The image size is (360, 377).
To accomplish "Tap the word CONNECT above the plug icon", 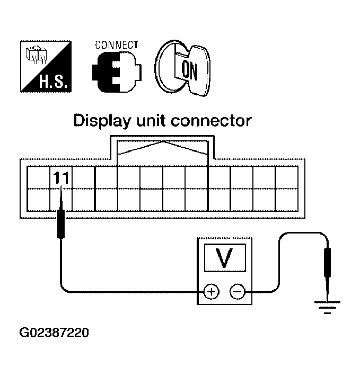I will (117, 45).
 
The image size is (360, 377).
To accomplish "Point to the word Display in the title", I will (101, 121).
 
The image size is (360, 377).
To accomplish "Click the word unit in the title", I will (153, 121).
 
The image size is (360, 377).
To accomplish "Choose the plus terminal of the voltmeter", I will (211, 291).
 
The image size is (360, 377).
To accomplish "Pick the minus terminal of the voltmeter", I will (237, 291).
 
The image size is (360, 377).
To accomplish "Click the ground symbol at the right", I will (327, 307).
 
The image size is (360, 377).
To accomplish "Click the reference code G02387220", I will (54, 333).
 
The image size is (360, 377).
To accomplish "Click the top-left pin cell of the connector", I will (38, 177).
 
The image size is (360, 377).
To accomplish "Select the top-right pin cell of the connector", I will (287, 177).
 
